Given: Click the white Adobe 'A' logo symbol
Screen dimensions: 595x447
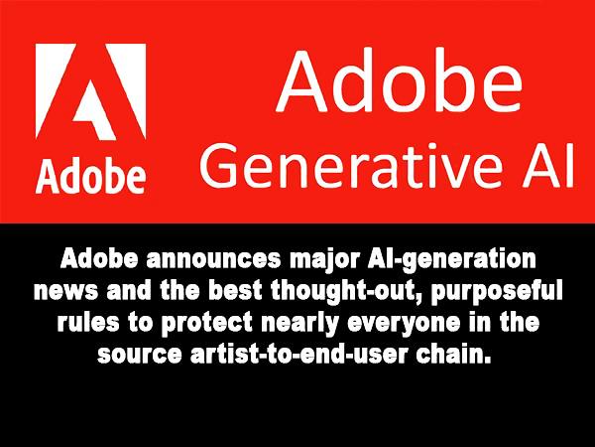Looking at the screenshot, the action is (90, 91).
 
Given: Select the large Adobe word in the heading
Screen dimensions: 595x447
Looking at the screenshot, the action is (400, 81).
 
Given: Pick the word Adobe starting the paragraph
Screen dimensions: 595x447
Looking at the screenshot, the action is (98, 258).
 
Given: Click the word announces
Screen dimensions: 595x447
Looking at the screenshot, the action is (214, 259).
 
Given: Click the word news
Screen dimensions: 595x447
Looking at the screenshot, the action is (65, 292).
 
